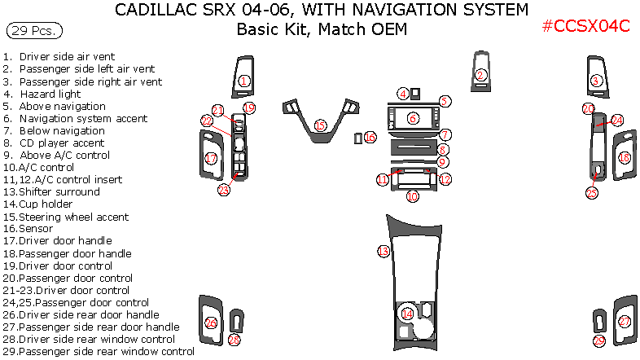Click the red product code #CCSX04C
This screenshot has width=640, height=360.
coord(586,25)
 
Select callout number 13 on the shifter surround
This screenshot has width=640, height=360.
coord(383,252)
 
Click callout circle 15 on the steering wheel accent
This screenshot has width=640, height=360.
coord(320,125)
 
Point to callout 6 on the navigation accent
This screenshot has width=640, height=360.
coord(413,119)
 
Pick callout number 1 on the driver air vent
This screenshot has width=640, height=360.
coord(244,81)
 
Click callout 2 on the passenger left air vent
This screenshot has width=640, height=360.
coord(480,76)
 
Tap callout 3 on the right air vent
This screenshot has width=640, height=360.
coord(596,81)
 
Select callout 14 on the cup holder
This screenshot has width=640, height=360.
coord(407,313)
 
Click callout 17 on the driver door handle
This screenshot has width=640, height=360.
coord(211,159)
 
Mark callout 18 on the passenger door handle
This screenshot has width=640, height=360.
coord(625,157)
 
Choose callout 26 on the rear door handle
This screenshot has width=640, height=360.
coord(211,323)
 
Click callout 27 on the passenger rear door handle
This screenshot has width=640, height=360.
coord(625,322)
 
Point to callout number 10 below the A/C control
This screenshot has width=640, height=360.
coord(413,196)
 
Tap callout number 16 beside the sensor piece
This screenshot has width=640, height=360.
coord(370,138)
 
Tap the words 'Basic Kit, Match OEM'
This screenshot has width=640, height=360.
coord(322,30)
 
